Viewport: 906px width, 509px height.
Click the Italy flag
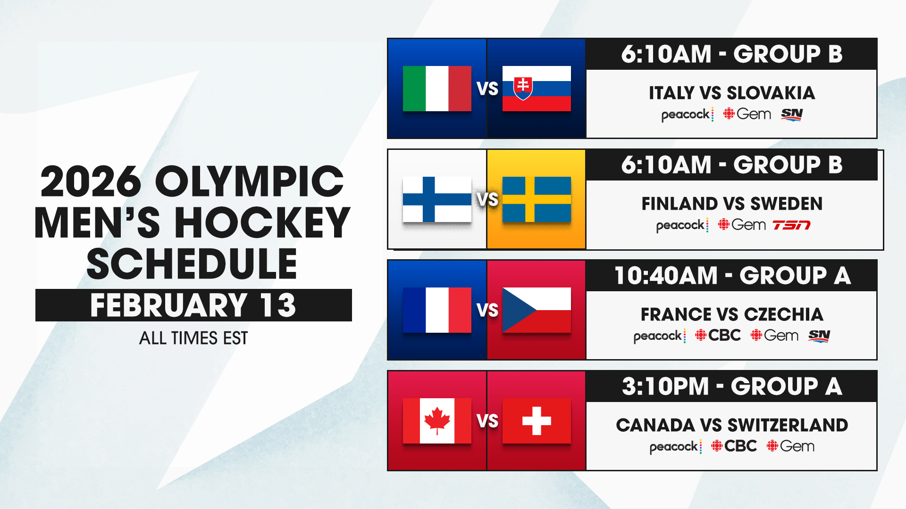click(437, 89)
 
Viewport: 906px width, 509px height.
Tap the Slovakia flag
click(537, 89)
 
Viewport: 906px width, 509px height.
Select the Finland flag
click(437, 199)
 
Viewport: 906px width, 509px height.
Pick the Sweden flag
click(537, 199)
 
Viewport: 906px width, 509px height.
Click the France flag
click(437, 310)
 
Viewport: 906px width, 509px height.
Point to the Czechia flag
click(537, 310)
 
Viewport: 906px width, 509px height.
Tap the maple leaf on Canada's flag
click(437, 420)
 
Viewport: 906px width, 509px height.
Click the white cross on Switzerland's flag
click(537, 421)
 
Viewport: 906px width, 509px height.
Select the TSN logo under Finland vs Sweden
click(791, 225)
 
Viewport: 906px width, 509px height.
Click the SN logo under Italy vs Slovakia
click(792, 115)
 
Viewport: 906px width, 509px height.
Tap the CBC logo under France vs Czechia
click(718, 335)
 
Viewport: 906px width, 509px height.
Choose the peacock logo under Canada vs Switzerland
click(676, 447)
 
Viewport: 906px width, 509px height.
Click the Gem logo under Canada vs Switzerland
click(790, 446)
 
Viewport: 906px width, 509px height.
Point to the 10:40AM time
click(666, 276)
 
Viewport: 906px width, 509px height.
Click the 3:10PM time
click(665, 386)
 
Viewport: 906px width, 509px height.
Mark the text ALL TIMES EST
click(193, 338)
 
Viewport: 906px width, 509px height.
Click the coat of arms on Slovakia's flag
click(523, 88)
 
